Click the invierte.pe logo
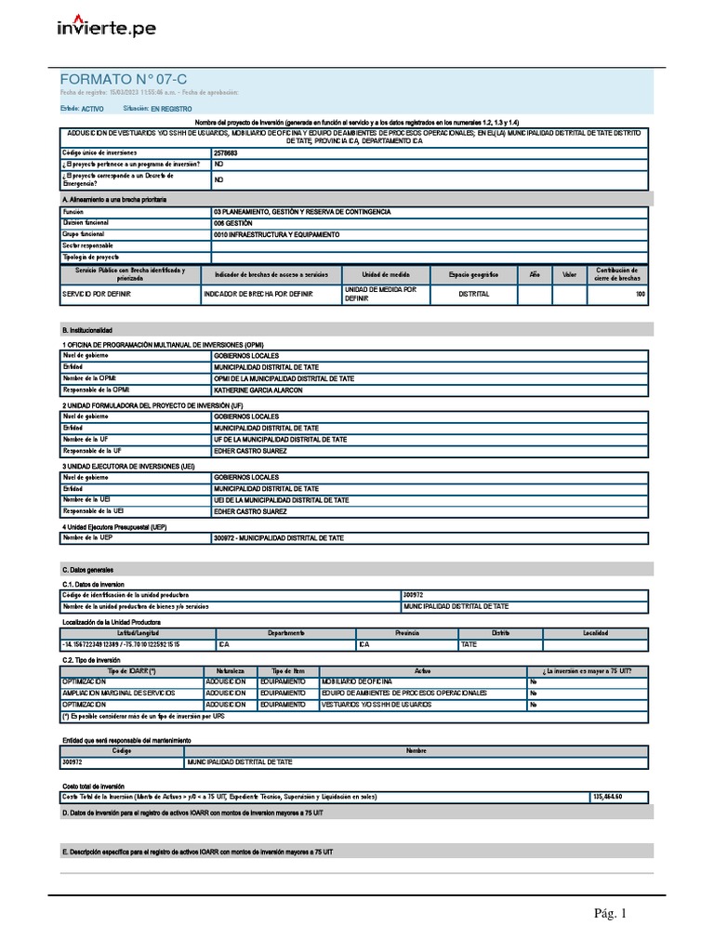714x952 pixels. click(x=107, y=27)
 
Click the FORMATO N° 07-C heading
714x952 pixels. click(x=116, y=81)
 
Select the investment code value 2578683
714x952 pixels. click(x=225, y=152)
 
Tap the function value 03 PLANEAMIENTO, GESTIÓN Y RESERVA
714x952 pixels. click(x=301, y=212)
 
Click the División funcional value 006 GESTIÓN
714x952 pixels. click(x=232, y=223)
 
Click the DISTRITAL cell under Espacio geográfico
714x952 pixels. click(x=473, y=295)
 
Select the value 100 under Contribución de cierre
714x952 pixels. click(x=640, y=295)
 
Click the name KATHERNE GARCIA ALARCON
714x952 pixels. click(x=258, y=390)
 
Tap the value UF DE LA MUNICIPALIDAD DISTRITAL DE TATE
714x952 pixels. click(x=280, y=440)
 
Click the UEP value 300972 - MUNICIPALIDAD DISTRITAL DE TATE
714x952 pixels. click(x=279, y=537)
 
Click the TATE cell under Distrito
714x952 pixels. click(x=469, y=643)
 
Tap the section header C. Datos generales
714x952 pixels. click(x=87, y=568)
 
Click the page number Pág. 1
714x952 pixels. click(x=611, y=914)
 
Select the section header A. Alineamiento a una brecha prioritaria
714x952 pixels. click(x=113, y=200)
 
